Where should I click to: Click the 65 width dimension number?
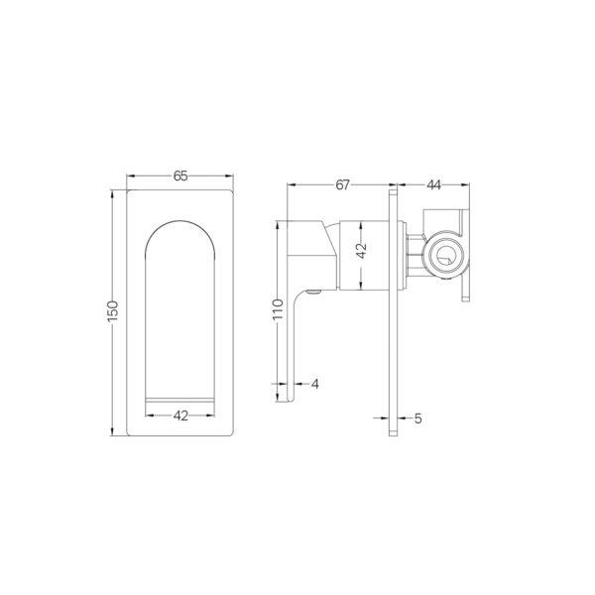[x=180, y=177]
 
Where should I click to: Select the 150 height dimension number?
[x=113, y=309]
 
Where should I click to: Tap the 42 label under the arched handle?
[x=180, y=416]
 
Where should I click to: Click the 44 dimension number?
[x=434, y=185]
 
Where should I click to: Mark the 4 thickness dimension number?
[x=314, y=383]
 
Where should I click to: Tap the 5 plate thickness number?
[x=419, y=418]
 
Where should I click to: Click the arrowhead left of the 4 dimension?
[x=286, y=383]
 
